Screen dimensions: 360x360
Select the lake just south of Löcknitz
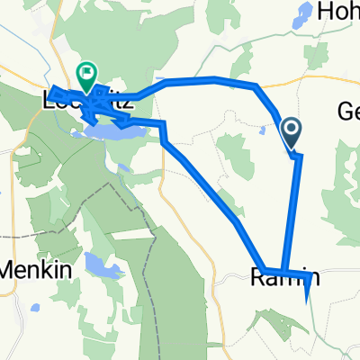coord(112,133)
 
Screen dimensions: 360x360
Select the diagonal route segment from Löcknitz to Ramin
coord(202,180)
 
